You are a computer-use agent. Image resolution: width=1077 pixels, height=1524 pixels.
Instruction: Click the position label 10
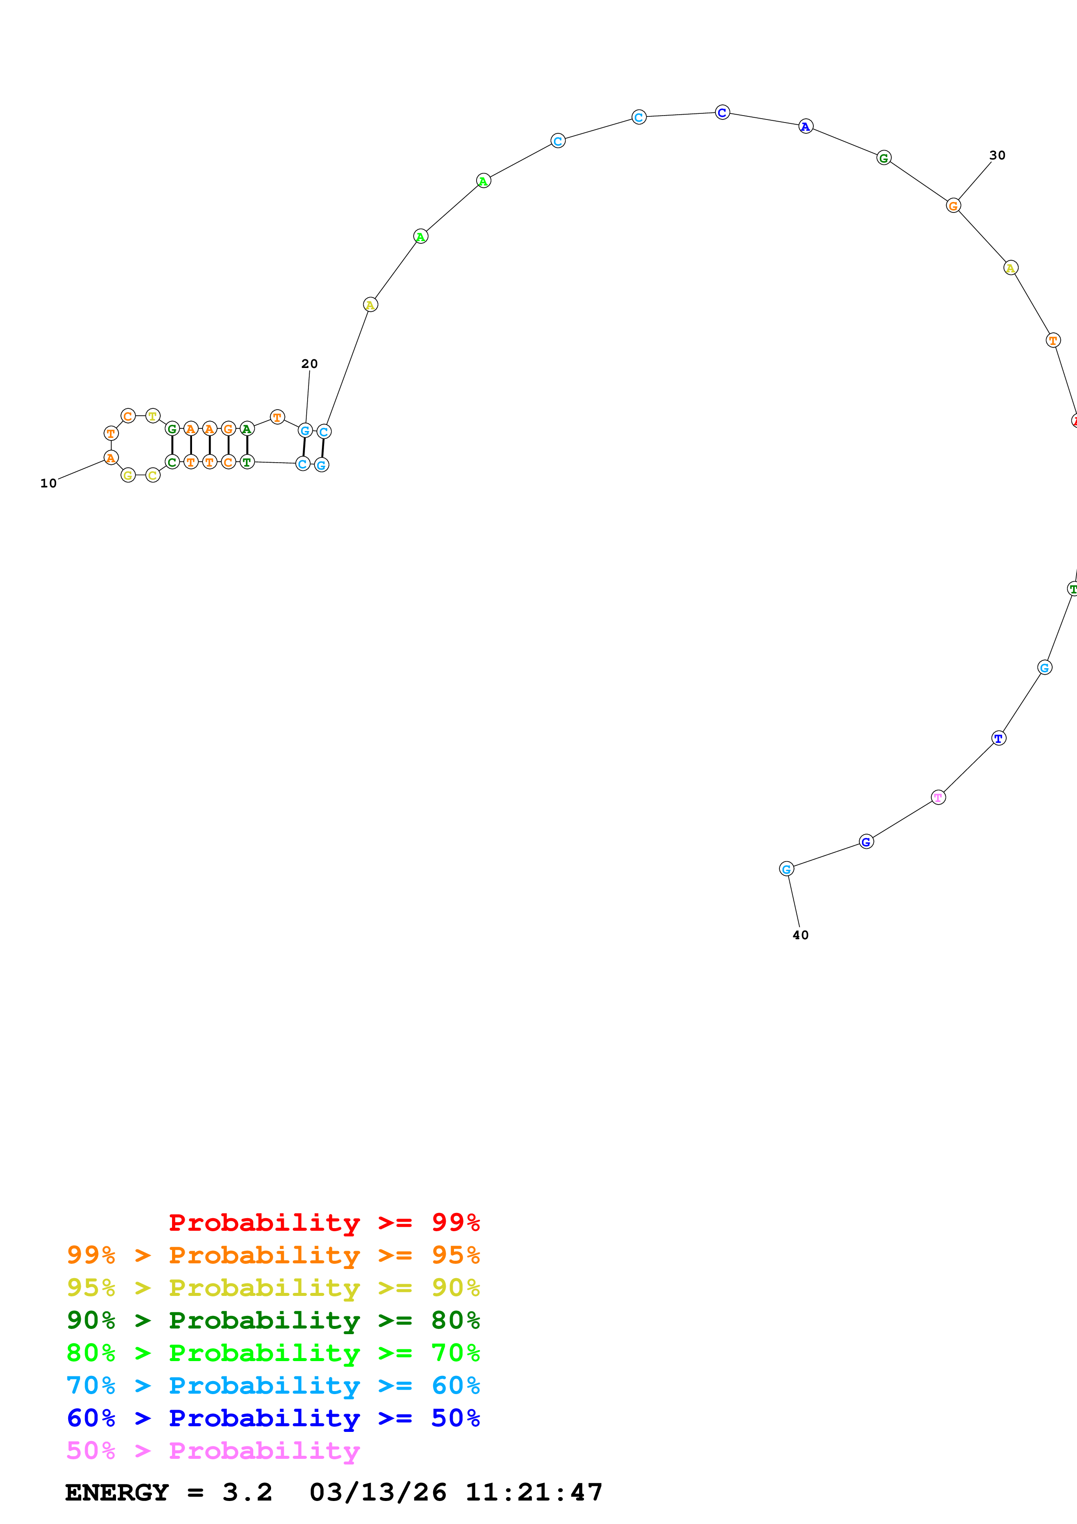click(x=49, y=483)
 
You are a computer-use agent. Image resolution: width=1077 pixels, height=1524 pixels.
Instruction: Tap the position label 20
click(x=309, y=364)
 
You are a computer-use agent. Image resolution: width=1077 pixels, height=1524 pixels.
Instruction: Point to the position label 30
click(x=997, y=156)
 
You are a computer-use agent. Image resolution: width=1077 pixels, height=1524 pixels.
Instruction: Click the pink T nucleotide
click(x=938, y=797)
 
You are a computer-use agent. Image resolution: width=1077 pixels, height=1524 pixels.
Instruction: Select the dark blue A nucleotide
click(x=805, y=126)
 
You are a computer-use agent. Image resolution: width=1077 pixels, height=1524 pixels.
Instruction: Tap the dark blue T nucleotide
click(x=999, y=738)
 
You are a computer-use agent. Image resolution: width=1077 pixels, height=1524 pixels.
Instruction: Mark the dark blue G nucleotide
click(x=866, y=842)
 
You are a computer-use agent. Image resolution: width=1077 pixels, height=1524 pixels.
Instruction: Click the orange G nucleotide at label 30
click(x=953, y=206)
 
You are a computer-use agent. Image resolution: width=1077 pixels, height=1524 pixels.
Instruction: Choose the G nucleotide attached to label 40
click(x=786, y=869)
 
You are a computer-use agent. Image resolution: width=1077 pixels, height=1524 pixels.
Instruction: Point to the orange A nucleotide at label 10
click(x=111, y=457)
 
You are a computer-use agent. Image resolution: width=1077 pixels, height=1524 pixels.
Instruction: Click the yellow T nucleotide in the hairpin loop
click(x=152, y=416)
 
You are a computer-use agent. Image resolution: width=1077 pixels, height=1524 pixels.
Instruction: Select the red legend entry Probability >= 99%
click(x=324, y=1223)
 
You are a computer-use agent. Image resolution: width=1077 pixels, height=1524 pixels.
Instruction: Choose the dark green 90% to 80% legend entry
click(x=273, y=1320)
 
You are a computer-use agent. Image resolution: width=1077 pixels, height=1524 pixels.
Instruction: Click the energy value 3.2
click(x=247, y=1492)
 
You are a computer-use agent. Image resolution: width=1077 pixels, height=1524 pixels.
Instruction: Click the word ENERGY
click(x=117, y=1492)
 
